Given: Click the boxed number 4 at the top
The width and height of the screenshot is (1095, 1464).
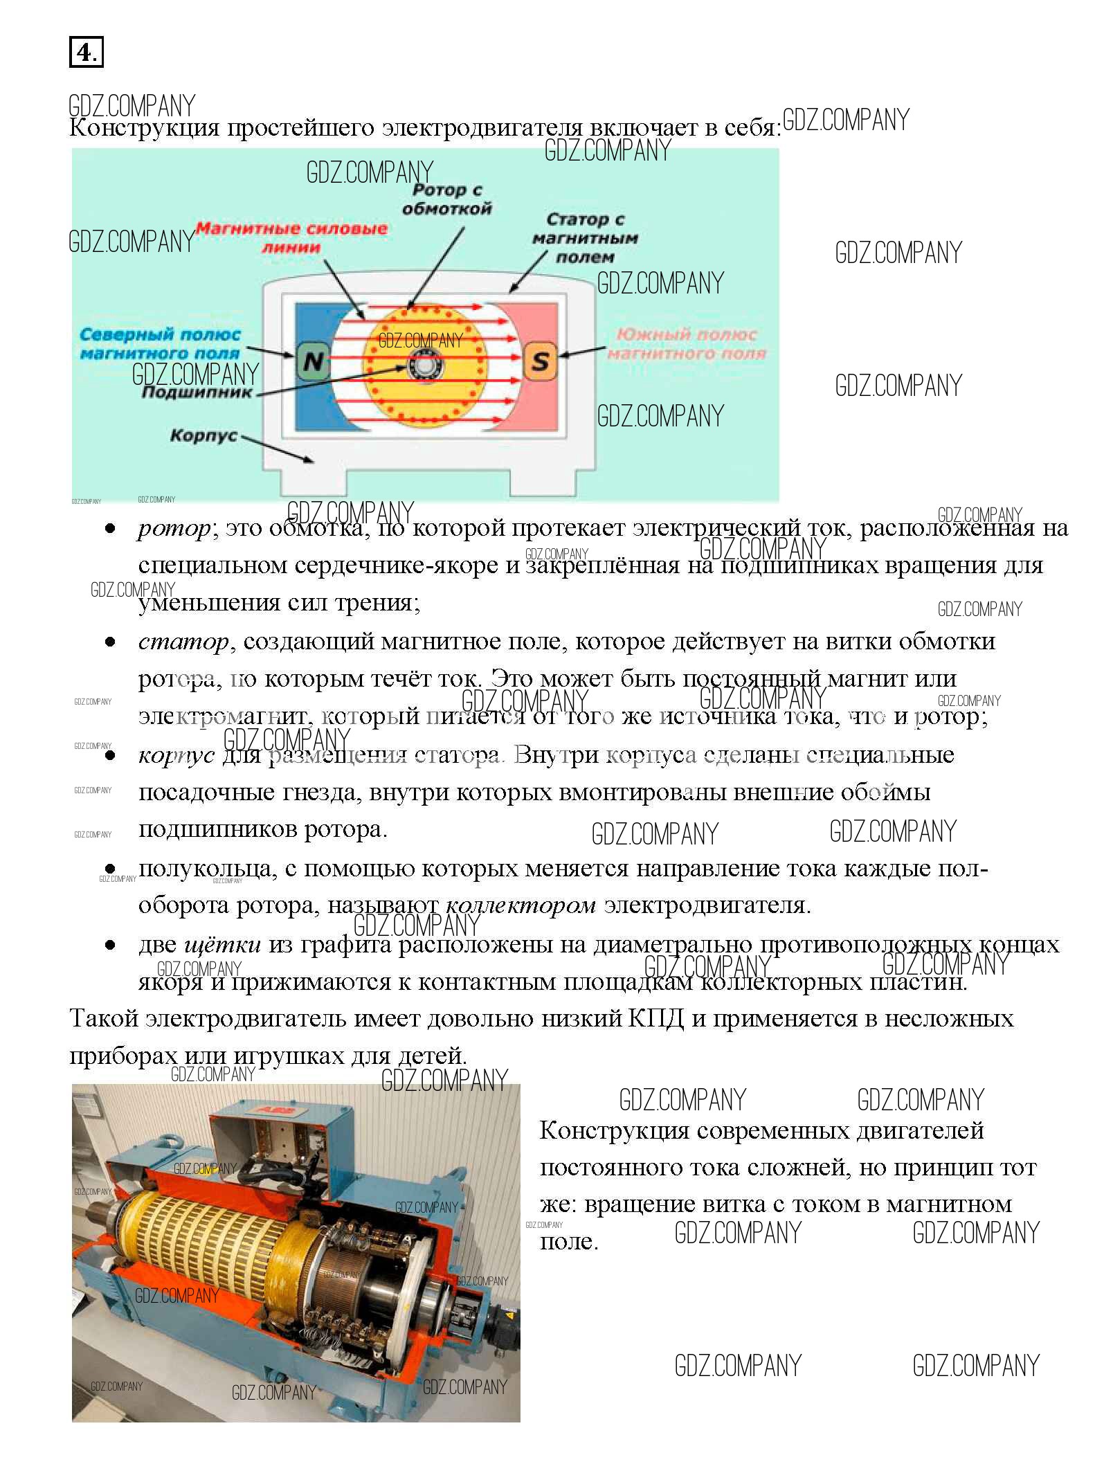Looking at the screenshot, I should pyautogui.click(x=86, y=52).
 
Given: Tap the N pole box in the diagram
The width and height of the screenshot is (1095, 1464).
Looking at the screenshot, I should pyautogui.click(x=313, y=361).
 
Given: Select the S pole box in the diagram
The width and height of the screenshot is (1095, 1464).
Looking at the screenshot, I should pyautogui.click(x=540, y=361).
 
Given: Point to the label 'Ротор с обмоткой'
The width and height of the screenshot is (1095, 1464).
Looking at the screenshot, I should pyautogui.click(x=446, y=199).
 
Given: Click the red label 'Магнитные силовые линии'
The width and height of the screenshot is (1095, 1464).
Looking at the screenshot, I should pyautogui.click(x=291, y=237).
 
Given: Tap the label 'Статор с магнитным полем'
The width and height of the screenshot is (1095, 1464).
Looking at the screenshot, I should pyautogui.click(x=585, y=238).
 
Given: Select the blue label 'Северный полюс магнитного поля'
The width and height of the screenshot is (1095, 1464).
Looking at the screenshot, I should pyautogui.click(x=160, y=344).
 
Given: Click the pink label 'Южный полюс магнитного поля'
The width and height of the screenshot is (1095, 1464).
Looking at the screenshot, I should pyautogui.click(x=687, y=344).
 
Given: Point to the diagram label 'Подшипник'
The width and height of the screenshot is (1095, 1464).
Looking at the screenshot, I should pyautogui.click(x=197, y=392).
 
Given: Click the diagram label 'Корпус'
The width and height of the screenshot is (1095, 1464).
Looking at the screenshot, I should pyautogui.click(x=203, y=436).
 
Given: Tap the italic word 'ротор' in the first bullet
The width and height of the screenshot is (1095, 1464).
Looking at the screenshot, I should pyautogui.click(x=174, y=529).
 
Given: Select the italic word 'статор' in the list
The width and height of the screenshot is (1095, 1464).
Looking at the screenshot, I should pyautogui.click(x=183, y=642).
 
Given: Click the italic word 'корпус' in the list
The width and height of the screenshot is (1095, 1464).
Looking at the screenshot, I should pyautogui.click(x=177, y=755).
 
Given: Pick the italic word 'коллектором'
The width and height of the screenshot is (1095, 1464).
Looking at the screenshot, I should pyautogui.click(x=521, y=905).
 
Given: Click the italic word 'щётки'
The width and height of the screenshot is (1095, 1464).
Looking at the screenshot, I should pyautogui.click(x=223, y=944).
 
